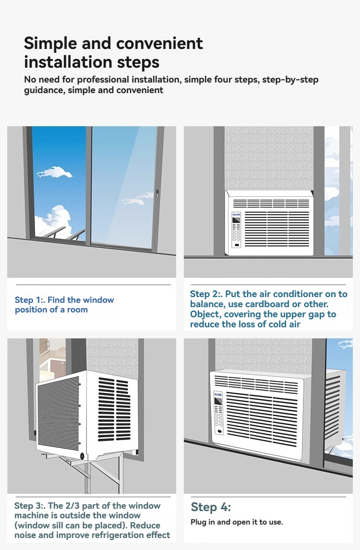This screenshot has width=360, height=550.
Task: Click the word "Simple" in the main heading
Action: coord(50,44)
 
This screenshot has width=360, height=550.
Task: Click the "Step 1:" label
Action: coord(29,300)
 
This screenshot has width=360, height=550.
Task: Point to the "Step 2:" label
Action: coord(205,294)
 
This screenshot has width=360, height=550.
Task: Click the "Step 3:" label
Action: coord(29,506)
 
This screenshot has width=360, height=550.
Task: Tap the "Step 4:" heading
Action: coord(211,507)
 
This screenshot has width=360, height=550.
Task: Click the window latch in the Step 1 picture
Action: coord(157,193)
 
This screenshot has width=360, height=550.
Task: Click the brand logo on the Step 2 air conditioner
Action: coord(237,214)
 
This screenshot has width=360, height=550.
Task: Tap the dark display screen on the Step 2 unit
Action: coord(237,221)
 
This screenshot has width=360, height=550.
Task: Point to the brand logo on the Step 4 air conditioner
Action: coord(218,395)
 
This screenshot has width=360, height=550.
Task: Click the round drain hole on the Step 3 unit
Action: coord(82,456)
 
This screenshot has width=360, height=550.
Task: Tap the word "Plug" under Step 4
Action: coord(199,522)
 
